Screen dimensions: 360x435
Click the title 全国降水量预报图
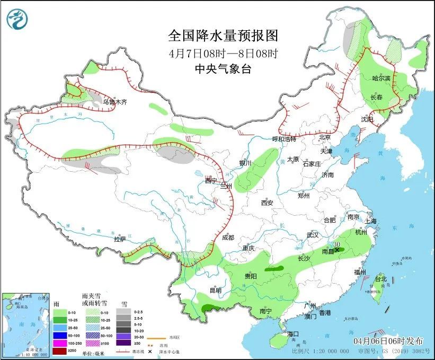click(x=223, y=36)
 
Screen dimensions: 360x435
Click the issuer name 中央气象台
click(x=223, y=68)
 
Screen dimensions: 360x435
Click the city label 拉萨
click(x=120, y=239)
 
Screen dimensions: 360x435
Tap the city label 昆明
click(x=216, y=290)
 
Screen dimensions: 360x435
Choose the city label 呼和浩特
click(x=285, y=139)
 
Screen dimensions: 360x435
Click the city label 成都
click(x=228, y=238)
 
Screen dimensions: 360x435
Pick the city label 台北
click(x=381, y=279)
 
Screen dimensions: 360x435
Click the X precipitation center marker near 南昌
click(x=336, y=249)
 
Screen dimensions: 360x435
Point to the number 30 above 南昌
click(x=336, y=244)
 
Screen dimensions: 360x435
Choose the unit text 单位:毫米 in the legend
click(x=94, y=353)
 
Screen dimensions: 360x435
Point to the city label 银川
click(x=245, y=163)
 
